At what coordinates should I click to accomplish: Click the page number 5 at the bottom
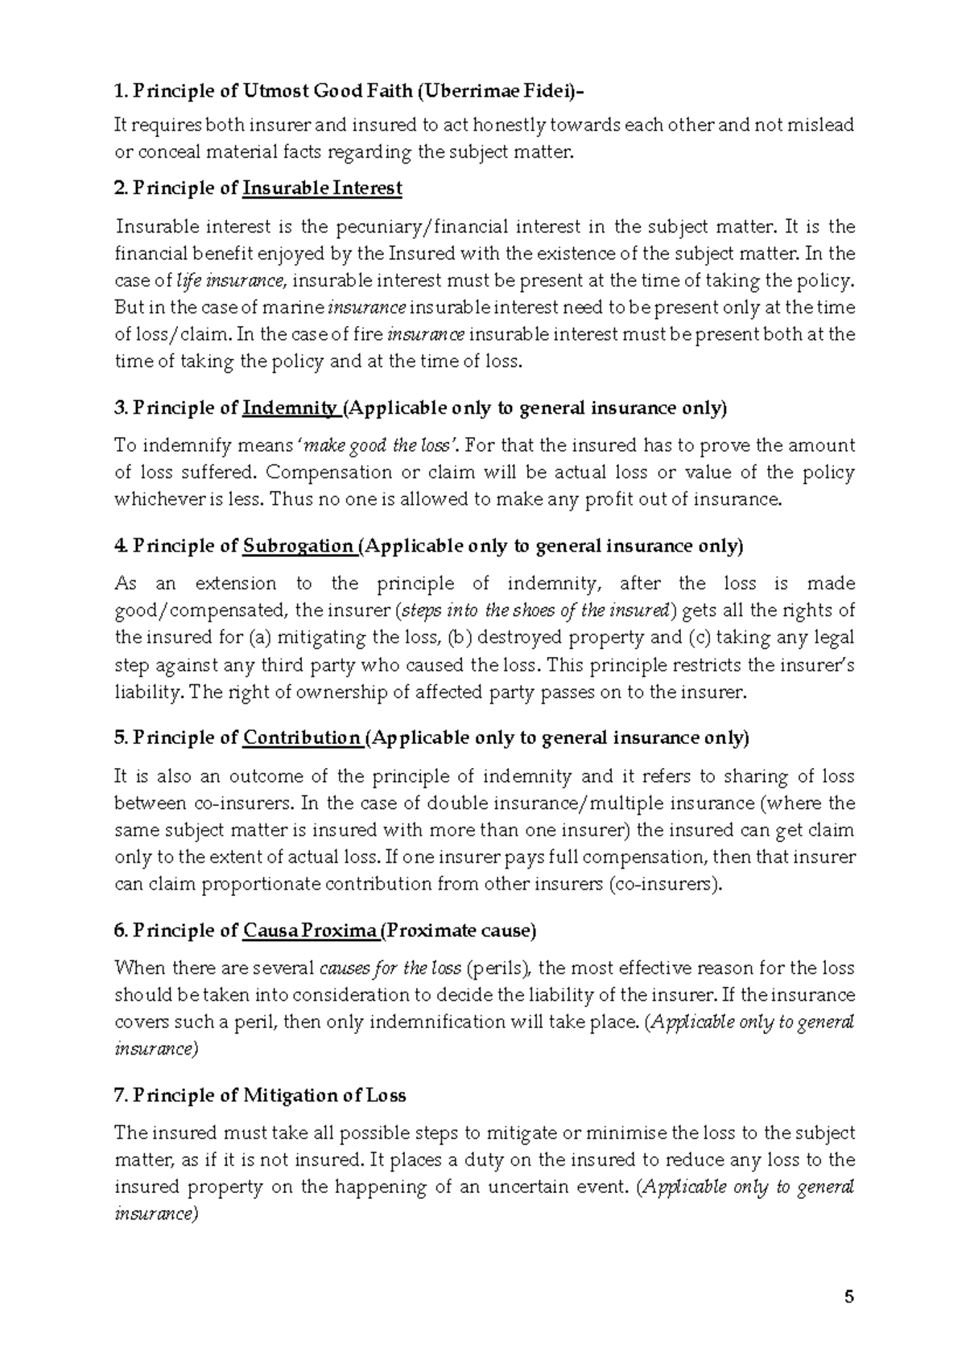point(848,1297)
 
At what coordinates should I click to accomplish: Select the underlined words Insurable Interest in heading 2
point(322,188)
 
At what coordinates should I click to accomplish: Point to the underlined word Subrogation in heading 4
point(298,547)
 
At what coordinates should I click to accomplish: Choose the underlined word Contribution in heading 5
point(302,738)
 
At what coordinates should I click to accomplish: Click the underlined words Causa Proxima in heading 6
point(310,931)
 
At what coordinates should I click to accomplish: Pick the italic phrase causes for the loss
point(390,968)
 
